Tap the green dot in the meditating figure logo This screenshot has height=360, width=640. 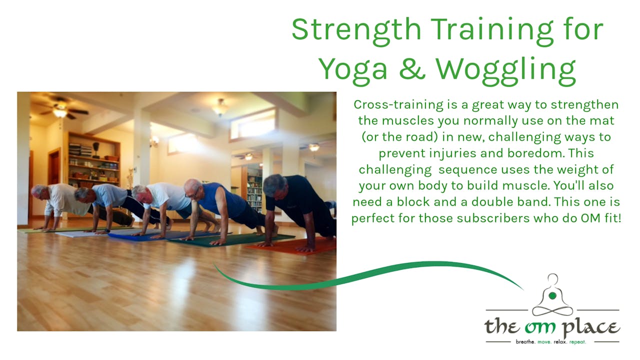[552, 296]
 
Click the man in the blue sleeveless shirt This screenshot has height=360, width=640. [220, 200]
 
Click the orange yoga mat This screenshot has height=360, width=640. [290, 246]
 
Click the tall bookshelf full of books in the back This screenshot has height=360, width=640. [254, 190]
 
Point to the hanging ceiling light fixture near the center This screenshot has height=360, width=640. [219, 106]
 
